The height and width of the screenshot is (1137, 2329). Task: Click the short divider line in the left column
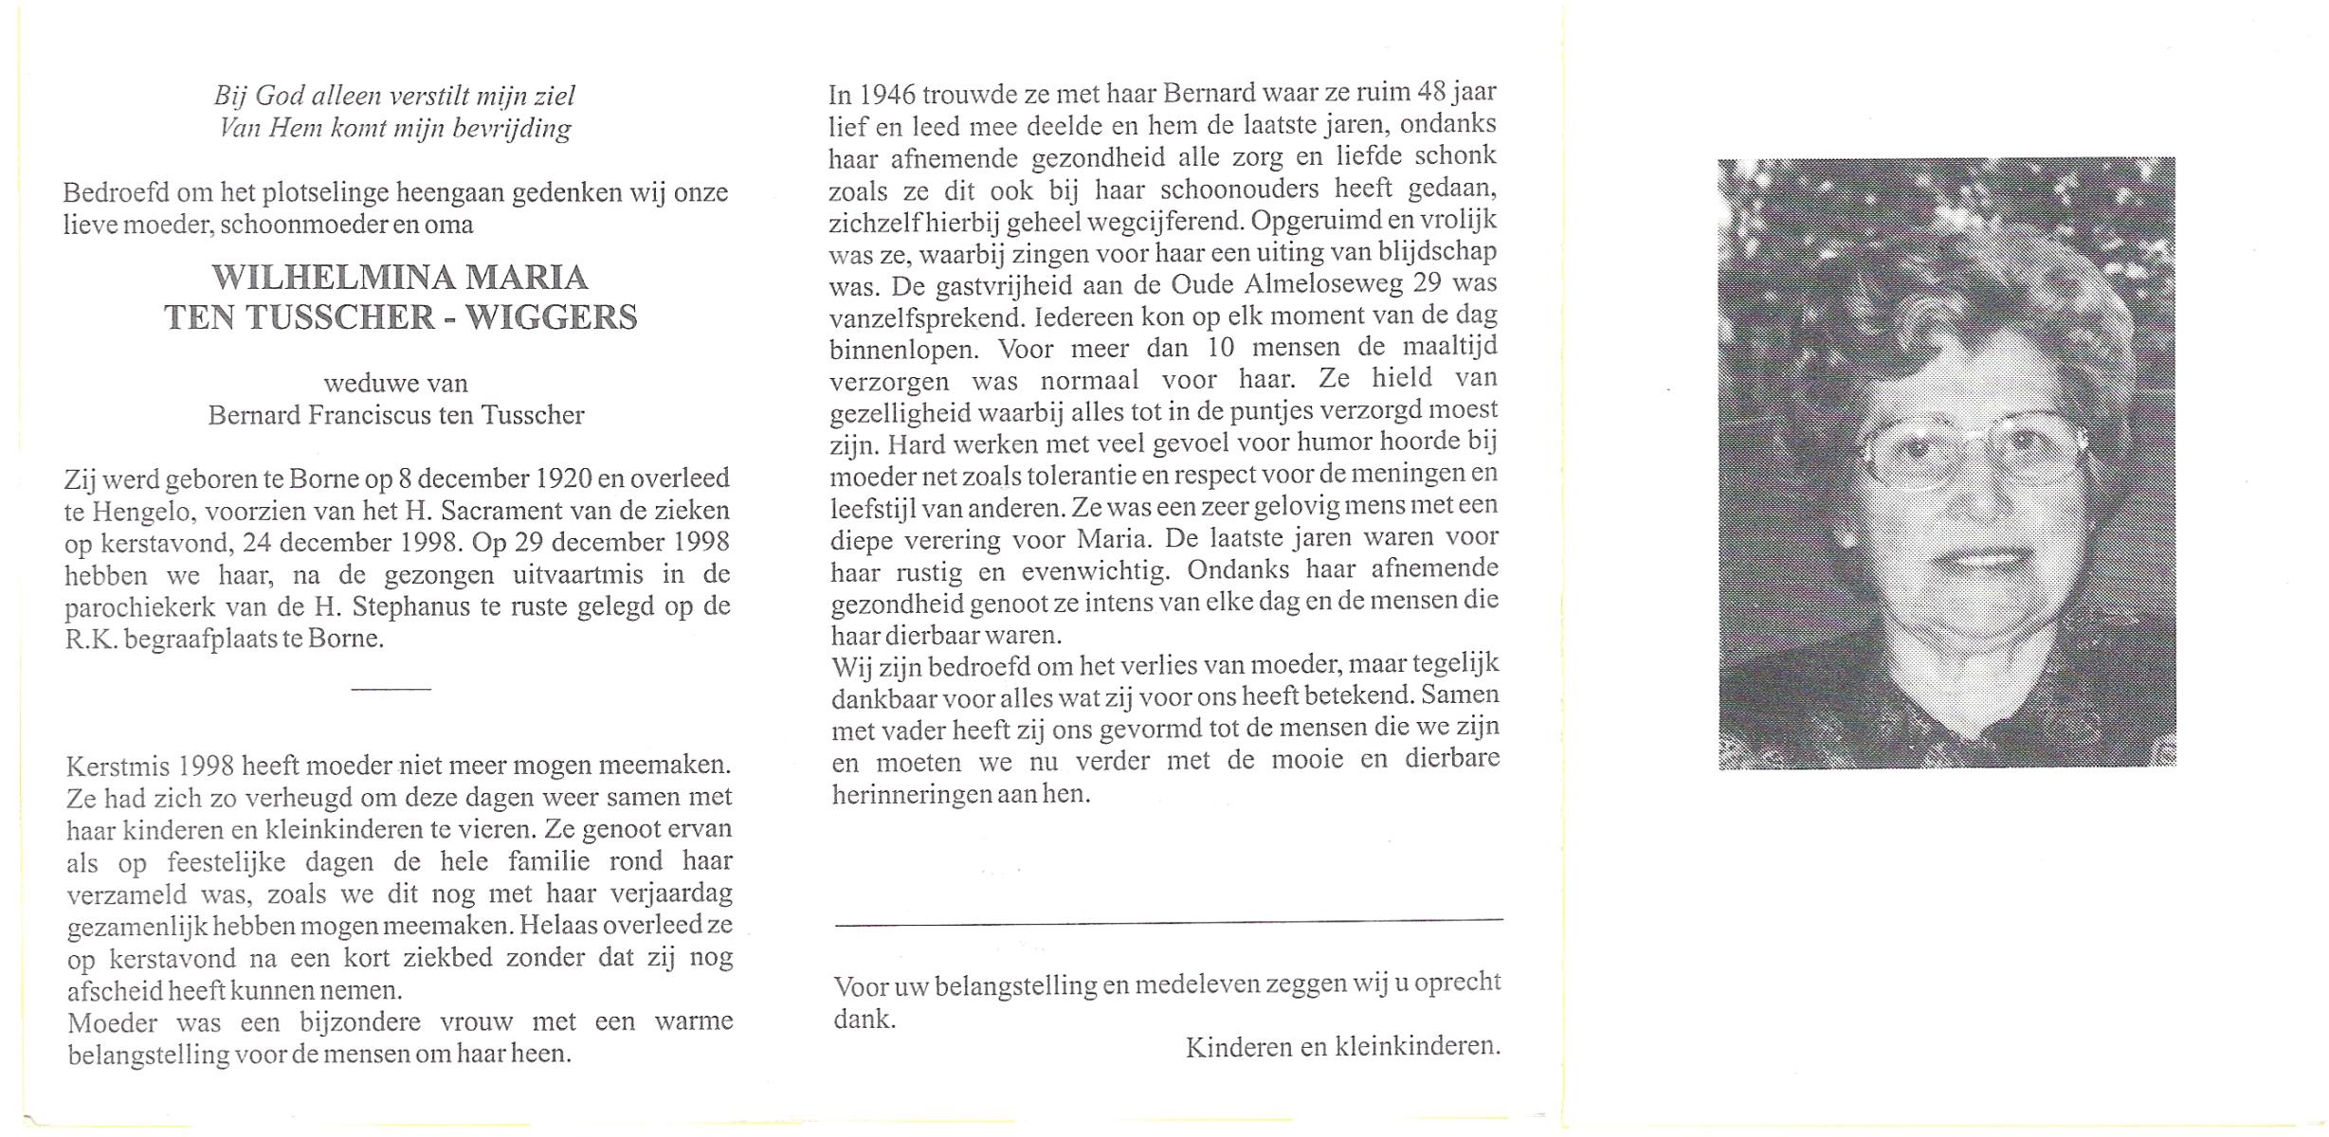coord(391,689)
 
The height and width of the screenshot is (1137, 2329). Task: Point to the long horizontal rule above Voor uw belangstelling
coord(1168,920)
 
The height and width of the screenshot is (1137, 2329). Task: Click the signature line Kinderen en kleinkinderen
coord(1342,1046)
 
